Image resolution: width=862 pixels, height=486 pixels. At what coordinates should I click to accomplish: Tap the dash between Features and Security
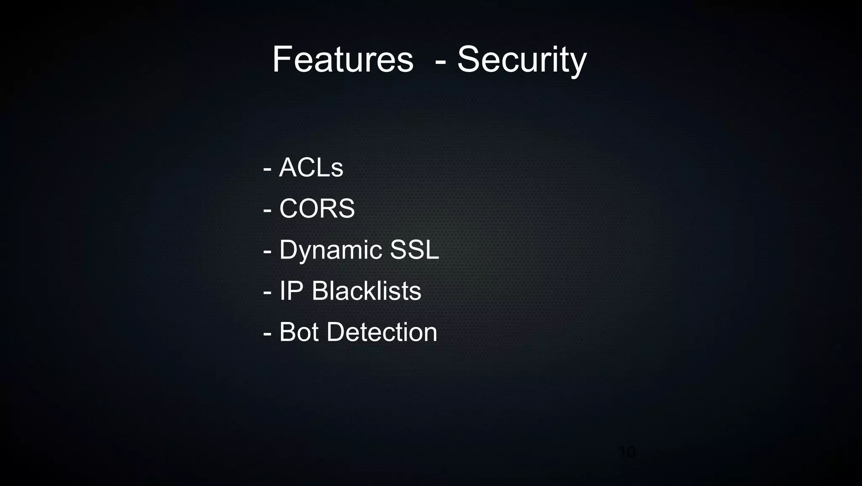coord(441,62)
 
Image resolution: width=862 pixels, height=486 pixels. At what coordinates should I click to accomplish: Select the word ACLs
coord(311,167)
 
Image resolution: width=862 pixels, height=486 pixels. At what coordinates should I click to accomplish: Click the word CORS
coord(317,208)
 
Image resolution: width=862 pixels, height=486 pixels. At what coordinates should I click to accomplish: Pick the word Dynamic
coord(330,249)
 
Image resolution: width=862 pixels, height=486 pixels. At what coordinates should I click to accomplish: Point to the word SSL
coord(415,249)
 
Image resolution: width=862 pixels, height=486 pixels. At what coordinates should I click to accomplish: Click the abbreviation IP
coord(291,291)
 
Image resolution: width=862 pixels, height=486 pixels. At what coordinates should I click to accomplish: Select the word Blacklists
coord(366,291)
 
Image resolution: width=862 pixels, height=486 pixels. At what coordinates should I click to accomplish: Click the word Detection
coord(382,332)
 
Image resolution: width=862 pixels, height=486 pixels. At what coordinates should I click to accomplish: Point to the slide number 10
coord(627,452)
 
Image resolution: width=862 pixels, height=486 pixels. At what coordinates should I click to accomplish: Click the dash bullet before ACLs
coord(267,169)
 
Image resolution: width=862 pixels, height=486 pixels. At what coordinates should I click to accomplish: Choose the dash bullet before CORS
coord(267,210)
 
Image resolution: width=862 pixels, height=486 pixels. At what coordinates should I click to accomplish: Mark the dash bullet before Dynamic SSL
coord(267,251)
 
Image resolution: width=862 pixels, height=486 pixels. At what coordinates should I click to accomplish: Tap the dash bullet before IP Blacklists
coord(267,293)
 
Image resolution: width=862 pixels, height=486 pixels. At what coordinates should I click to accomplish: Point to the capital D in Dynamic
coord(288,249)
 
